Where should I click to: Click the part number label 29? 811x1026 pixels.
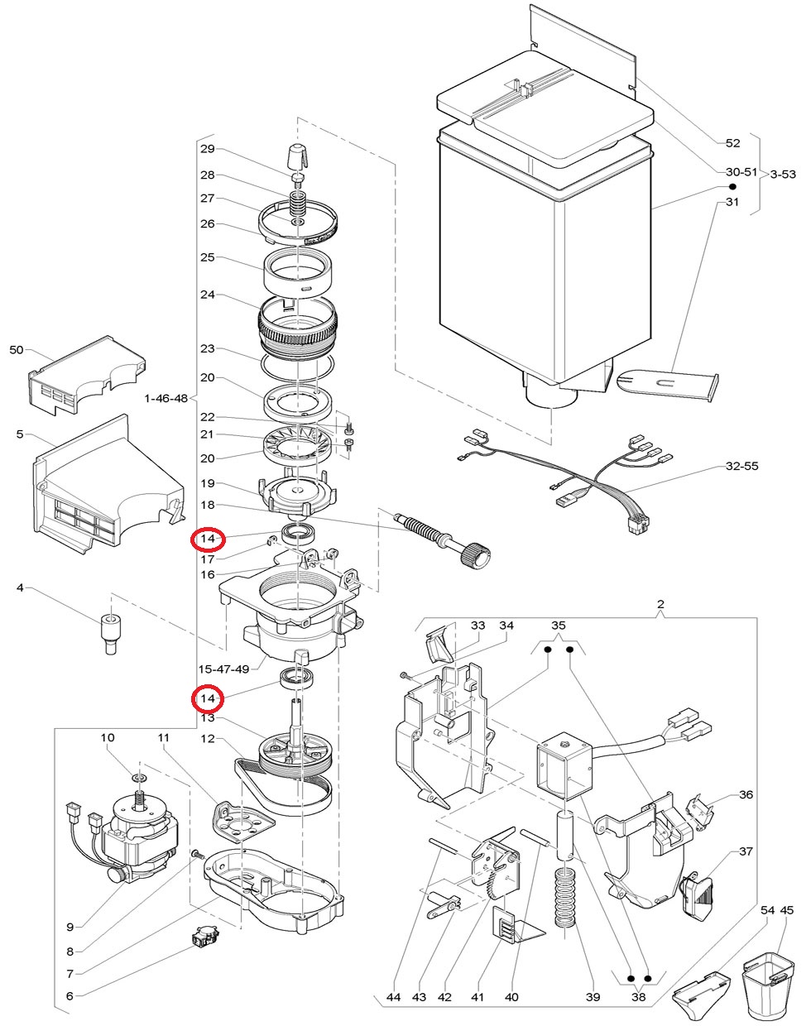(x=208, y=149)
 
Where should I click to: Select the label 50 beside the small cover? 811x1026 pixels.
(x=17, y=350)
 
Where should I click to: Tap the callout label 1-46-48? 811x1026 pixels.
(x=166, y=398)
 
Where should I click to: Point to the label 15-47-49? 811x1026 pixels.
(x=223, y=669)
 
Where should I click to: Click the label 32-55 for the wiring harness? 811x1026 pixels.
(x=741, y=466)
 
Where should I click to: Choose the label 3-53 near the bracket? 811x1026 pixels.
(x=784, y=175)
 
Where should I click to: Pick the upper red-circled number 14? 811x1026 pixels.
(x=208, y=539)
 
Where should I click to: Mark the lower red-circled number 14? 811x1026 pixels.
(x=208, y=699)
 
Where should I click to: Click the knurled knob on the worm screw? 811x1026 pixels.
(x=475, y=556)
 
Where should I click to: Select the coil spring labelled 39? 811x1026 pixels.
(x=566, y=897)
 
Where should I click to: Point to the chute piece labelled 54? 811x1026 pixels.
(x=701, y=996)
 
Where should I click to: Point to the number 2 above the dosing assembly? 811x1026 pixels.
(x=660, y=604)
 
